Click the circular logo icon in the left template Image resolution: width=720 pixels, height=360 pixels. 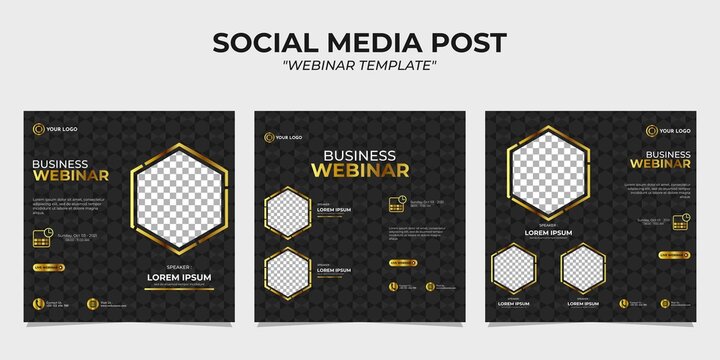[x=38, y=128]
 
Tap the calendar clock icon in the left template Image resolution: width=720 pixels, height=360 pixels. [x=43, y=238]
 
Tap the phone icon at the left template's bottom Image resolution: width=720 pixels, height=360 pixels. [x=40, y=302]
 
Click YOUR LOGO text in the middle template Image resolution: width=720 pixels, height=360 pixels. [x=289, y=137]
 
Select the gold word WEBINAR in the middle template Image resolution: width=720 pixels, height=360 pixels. [x=359, y=171]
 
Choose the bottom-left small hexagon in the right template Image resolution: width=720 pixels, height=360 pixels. [x=512, y=270]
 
